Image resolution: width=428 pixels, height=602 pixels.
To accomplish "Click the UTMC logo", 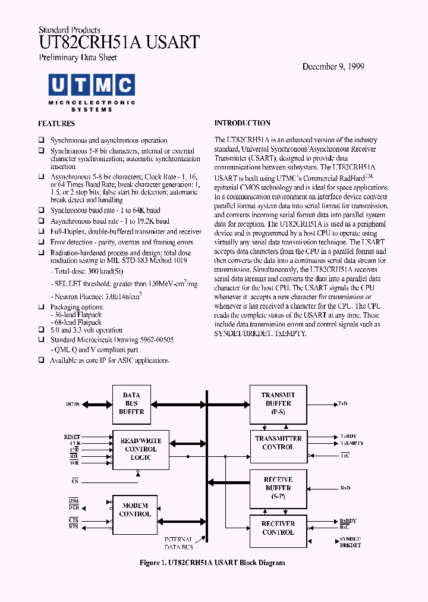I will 91,92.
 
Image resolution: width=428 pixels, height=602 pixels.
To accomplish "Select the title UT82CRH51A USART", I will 119,42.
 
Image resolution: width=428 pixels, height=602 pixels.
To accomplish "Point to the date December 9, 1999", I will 333,67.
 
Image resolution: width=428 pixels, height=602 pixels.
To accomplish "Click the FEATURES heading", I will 56,124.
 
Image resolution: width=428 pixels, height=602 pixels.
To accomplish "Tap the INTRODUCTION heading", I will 242,123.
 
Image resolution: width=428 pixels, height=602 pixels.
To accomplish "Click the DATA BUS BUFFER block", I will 131,403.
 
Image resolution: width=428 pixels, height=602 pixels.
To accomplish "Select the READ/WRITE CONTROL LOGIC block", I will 140,449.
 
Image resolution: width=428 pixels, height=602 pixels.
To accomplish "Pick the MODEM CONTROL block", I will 135,510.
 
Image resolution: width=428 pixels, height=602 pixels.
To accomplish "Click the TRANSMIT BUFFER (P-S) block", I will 278,403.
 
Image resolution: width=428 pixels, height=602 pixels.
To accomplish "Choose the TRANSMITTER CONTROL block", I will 278,443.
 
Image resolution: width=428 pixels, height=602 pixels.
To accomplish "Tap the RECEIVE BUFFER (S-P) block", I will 278,487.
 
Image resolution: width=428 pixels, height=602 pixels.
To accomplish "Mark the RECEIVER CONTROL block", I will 278,528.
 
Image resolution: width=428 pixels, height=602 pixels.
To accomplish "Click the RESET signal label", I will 72,437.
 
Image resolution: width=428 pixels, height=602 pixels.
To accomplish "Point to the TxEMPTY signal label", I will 352,444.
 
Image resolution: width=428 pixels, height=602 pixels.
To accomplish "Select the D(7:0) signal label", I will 73,404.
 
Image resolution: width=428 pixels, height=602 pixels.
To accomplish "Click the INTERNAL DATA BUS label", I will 178,543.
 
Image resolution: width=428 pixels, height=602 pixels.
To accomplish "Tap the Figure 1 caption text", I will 212,563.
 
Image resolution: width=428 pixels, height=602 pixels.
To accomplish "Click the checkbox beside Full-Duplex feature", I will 42,232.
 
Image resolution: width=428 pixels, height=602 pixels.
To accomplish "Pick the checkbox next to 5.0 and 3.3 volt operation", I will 42,330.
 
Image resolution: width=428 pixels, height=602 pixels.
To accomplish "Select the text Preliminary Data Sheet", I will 77,58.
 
